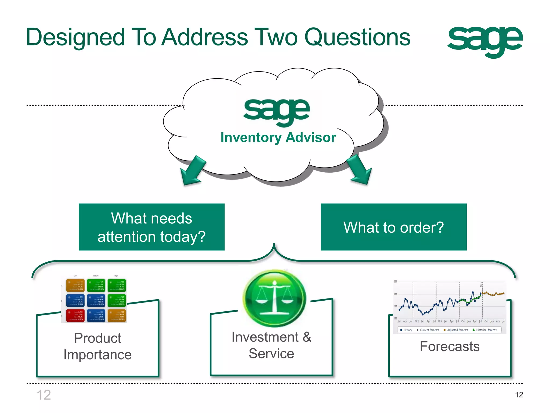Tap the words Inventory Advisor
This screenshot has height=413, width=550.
coord(278,138)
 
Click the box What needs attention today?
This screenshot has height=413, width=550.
coord(151,227)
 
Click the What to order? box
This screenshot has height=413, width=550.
coord(393,227)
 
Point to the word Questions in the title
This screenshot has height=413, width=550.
coord(357,38)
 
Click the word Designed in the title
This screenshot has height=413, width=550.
coord(75,38)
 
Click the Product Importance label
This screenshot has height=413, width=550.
coord(97,346)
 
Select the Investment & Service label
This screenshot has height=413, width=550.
coord(271,345)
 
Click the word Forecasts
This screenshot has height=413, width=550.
coord(450,346)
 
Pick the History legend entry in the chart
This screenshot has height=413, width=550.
coord(406,330)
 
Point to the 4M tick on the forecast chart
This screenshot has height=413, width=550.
coord(395,282)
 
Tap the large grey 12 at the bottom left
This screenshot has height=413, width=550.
coord(44,395)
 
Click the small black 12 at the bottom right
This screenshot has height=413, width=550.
coord(519,395)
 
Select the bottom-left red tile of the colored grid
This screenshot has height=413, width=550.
coord(75,316)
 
